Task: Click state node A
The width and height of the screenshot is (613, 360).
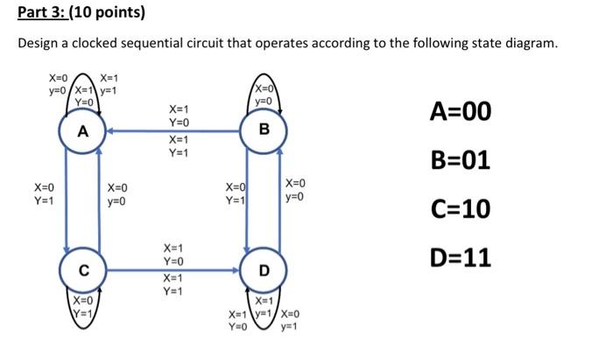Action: point(83,132)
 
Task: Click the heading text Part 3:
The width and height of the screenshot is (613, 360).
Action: point(42,13)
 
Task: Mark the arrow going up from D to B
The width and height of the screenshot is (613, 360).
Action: point(279,201)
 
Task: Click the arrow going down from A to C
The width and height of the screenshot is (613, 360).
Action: point(66,201)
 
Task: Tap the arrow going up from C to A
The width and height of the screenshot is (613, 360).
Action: point(101,201)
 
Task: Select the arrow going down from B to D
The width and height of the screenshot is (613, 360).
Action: point(244,201)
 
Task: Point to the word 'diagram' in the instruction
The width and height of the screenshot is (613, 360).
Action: point(525,44)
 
